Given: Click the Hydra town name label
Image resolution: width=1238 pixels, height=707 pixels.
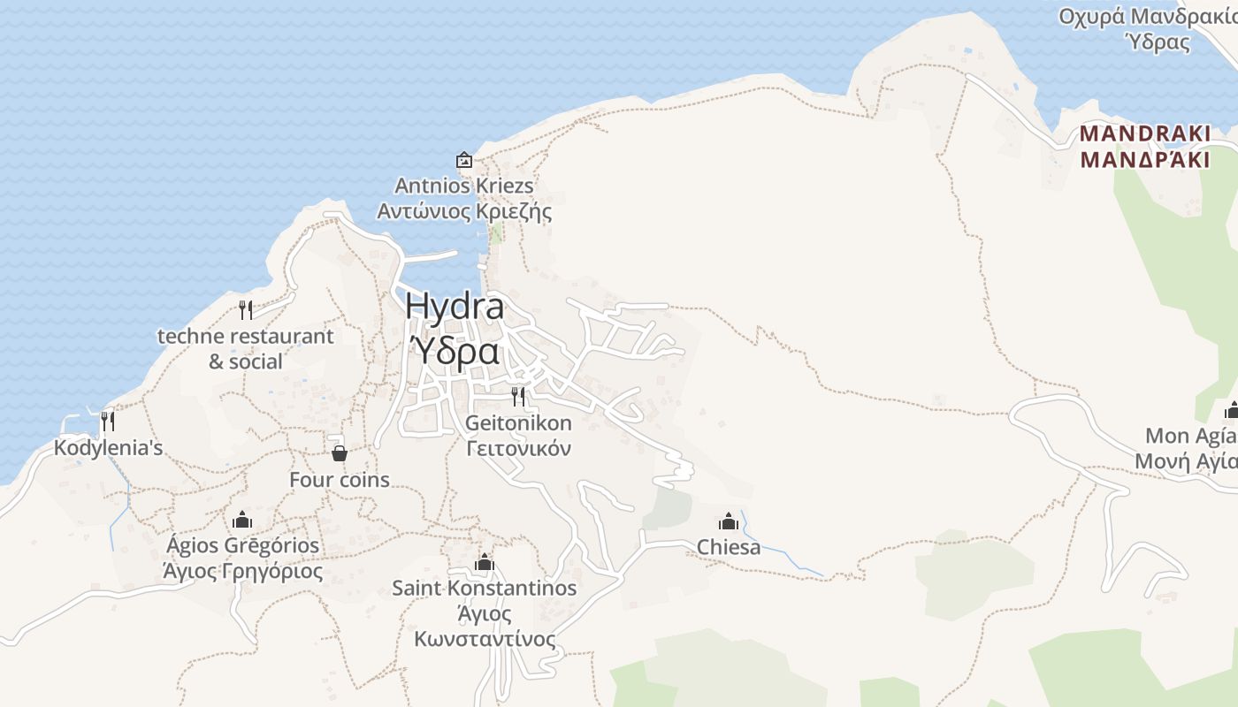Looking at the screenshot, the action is (x=455, y=307).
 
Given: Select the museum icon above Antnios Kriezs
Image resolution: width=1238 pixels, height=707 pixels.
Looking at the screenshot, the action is (x=463, y=160).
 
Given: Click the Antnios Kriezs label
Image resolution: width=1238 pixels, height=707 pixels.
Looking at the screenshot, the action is (x=463, y=186).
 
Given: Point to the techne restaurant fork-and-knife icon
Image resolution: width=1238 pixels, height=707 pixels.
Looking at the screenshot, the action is (x=246, y=310).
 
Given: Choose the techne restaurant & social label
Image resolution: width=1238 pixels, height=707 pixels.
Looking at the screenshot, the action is (x=246, y=348).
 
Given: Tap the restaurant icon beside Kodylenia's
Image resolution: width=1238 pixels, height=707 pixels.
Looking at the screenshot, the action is (x=108, y=421).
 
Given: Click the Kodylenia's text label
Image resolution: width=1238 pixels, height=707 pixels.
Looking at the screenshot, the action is (x=108, y=448).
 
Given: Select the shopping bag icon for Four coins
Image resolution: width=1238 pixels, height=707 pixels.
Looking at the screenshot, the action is (x=339, y=453).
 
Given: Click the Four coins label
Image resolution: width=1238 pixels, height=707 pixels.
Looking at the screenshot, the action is (x=340, y=480).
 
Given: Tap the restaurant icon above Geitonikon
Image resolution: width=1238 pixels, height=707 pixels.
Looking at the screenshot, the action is (x=518, y=396).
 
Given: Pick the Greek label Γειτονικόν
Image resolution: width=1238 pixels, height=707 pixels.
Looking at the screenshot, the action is (x=518, y=448).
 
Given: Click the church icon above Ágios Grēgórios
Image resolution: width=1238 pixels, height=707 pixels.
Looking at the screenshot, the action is (x=242, y=519).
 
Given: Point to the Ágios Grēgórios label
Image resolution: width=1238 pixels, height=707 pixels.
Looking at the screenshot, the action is (x=242, y=545).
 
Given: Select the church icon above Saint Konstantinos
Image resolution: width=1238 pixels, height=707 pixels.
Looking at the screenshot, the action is (x=484, y=562).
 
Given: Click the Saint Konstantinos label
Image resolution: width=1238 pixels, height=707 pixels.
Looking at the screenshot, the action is (x=484, y=588).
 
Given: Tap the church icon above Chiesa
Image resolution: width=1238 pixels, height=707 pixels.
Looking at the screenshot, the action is (x=729, y=521).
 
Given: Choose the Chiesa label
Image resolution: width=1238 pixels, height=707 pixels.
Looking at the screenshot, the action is (x=729, y=547).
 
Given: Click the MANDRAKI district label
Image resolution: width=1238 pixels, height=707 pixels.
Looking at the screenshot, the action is (x=1144, y=134).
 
